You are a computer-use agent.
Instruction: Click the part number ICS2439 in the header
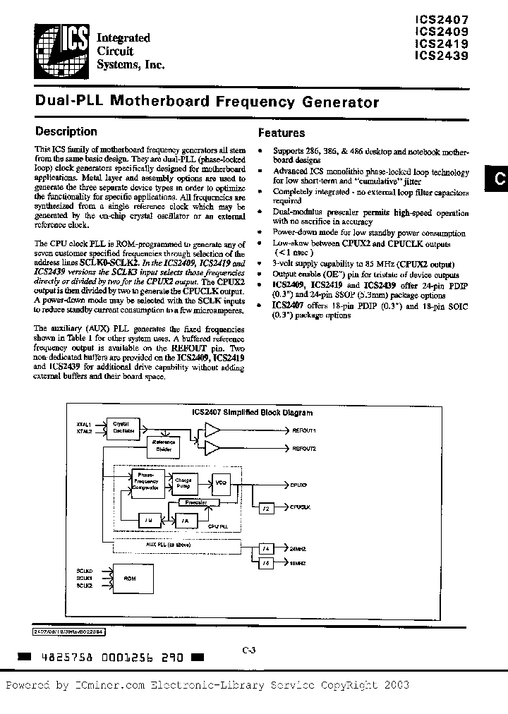[442, 56]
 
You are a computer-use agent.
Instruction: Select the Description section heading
[66, 131]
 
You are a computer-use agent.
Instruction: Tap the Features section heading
[282, 133]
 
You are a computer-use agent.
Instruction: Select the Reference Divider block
[162, 446]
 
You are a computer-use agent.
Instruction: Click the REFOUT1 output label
[305, 430]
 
